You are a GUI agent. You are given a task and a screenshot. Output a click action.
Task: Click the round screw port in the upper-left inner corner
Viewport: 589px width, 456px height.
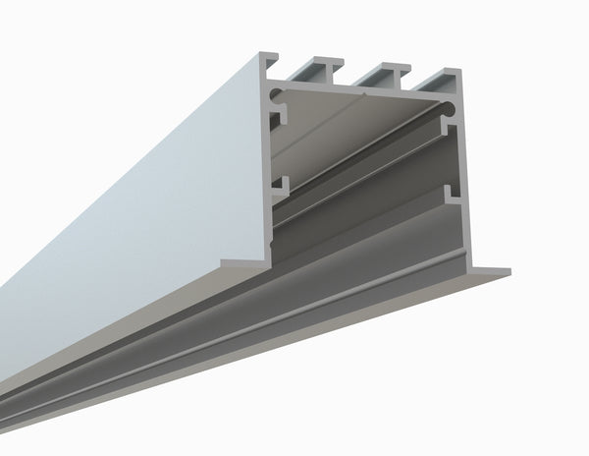[x=278, y=97]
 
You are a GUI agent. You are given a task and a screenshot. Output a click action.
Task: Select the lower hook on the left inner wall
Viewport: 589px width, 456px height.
[x=280, y=185]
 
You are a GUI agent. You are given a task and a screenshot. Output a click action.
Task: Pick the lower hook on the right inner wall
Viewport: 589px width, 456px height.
[x=454, y=194]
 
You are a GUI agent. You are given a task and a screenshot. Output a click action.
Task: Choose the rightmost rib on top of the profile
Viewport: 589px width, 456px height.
[x=447, y=77]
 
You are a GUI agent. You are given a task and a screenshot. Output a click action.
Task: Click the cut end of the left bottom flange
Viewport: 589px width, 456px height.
[x=244, y=262]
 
